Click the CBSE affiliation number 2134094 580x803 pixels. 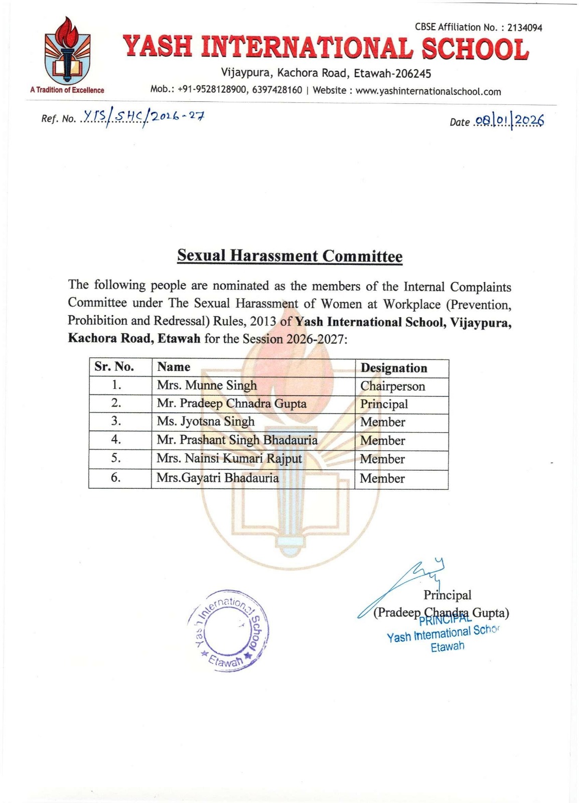pos(525,28)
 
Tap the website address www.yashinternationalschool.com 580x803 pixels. pos(428,91)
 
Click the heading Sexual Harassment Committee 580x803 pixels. pos(289,256)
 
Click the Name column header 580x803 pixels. pos(174,367)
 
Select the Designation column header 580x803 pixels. pos(394,368)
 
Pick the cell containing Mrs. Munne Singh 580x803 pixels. pos(207,385)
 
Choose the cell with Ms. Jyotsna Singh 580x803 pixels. pos(206,422)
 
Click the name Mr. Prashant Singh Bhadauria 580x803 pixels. pos(237,440)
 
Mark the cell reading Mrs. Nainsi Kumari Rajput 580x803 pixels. pos(229,459)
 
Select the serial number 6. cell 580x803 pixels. pos(116,478)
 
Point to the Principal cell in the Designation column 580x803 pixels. pos(384,404)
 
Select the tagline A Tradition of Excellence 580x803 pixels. pos(67,90)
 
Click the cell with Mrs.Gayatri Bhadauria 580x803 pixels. pos(218,478)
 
